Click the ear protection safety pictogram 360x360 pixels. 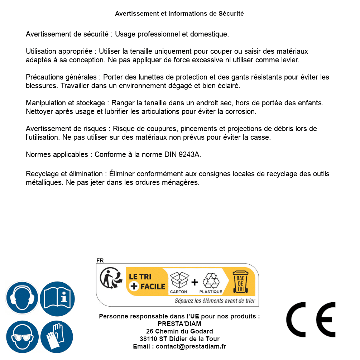click(x=22, y=298)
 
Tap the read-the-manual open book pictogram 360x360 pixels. click(x=57, y=298)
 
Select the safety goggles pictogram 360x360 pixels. click(x=22, y=337)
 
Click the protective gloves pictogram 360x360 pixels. click(x=57, y=337)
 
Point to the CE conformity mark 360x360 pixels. click(x=311, y=320)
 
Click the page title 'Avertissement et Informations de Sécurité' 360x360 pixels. click(x=179, y=14)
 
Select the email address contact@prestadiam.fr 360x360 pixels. click(x=191, y=346)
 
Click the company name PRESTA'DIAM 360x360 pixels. click(x=179, y=324)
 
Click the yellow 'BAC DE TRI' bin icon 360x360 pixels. click(x=240, y=282)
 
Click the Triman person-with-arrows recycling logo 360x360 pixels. click(x=109, y=279)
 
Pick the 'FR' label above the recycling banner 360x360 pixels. click(x=100, y=261)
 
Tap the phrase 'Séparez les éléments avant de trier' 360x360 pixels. click(x=215, y=301)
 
